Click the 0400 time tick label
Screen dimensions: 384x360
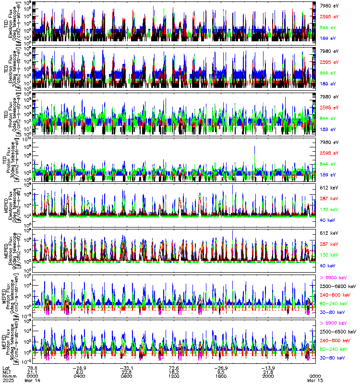click(80, 375)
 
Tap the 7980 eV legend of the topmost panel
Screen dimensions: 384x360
click(330, 5)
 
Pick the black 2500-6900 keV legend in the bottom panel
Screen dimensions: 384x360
click(338, 332)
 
